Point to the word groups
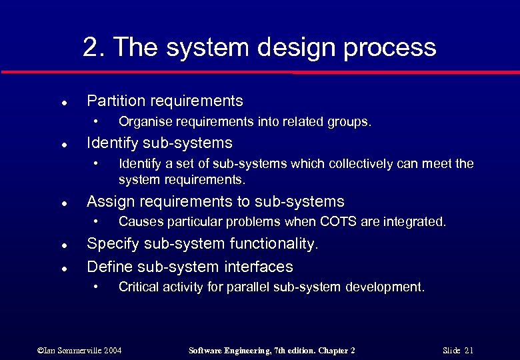[x=349, y=122]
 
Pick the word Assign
[x=108, y=201]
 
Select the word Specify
[x=111, y=244]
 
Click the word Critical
[x=138, y=287]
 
